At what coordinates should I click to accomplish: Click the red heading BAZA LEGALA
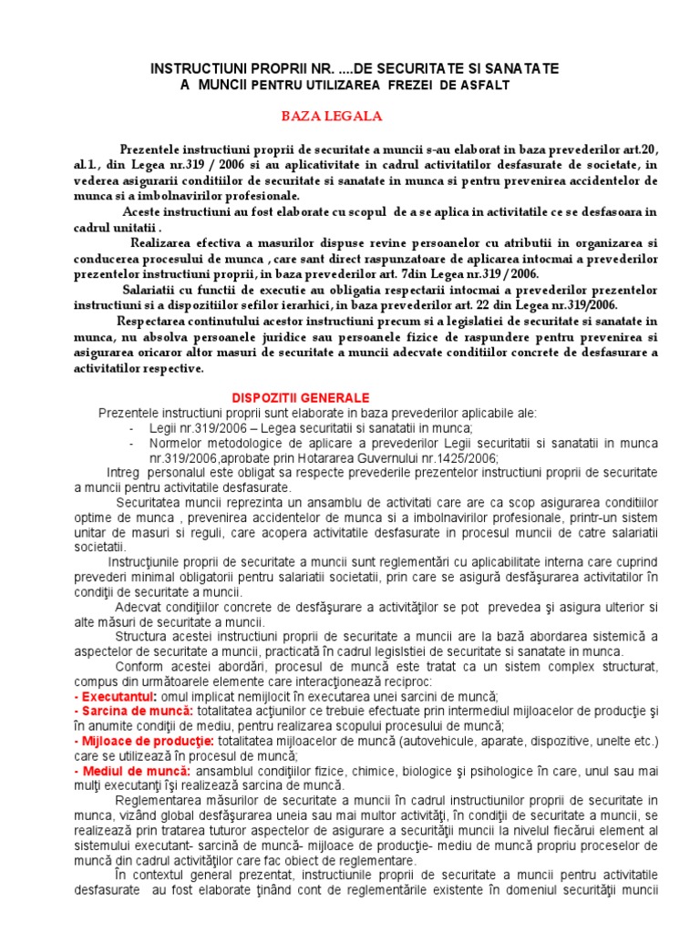331,117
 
